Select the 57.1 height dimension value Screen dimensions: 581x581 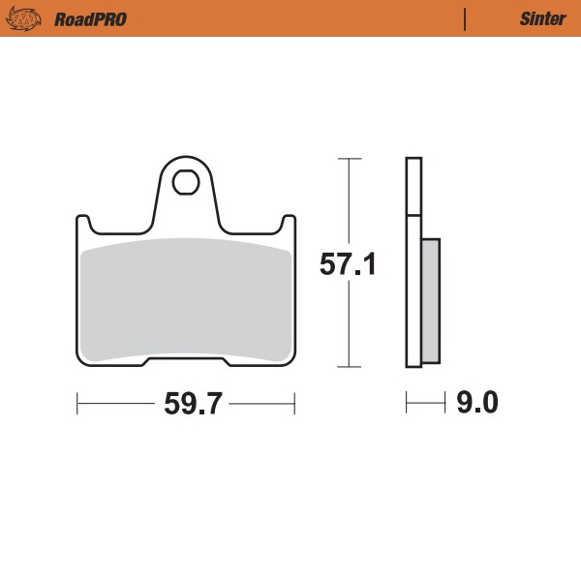tap(348, 264)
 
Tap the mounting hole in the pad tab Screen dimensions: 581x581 tap(185, 181)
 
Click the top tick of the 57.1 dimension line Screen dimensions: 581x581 tap(349, 158)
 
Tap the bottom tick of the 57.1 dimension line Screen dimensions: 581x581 tap(349, 368)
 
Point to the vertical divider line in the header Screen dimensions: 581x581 tap(466, 19)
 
